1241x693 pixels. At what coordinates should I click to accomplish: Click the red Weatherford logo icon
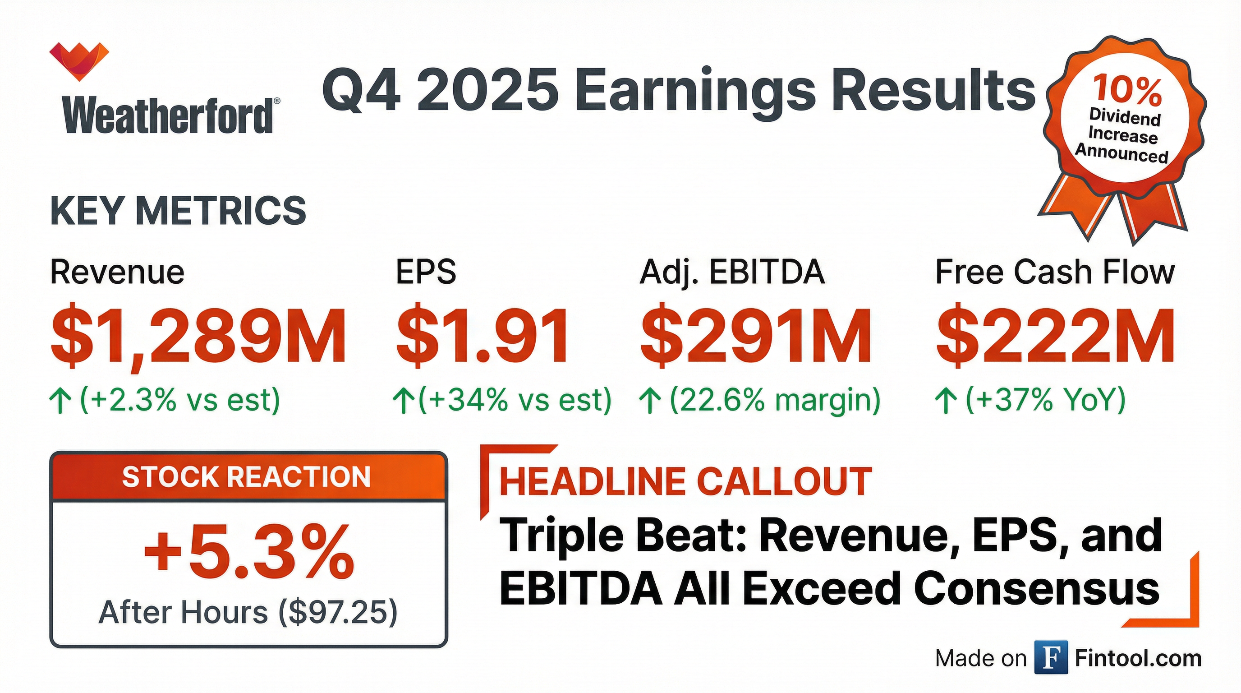tap(79, 61)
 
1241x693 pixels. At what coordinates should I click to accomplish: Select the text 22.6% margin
tap(775, 400)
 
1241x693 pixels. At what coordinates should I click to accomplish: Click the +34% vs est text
tap(515, 400)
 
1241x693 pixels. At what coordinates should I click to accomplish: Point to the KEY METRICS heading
tap(178, 211)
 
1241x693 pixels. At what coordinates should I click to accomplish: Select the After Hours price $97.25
tap(338, 613)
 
